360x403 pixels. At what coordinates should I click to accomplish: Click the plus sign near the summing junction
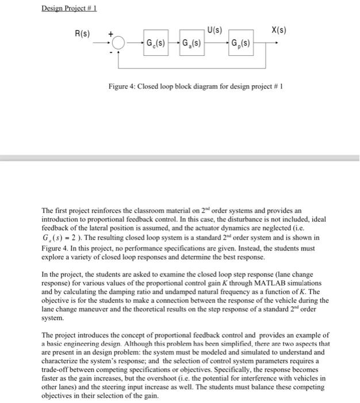(x=112, y=35)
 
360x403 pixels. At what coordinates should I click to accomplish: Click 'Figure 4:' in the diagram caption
(x=121, y=87)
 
